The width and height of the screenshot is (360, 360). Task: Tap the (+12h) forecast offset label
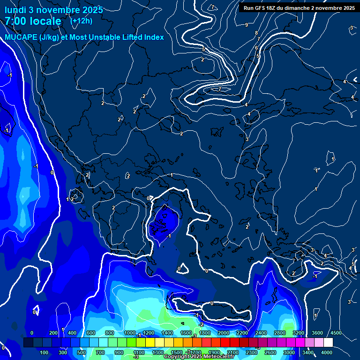coord(81,21)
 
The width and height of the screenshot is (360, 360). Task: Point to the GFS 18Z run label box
coord(299,8)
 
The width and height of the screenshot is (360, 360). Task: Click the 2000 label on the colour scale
coord(224,333)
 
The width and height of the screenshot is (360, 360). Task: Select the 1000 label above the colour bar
coord(130,333)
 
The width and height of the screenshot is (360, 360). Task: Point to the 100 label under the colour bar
coord(45,352)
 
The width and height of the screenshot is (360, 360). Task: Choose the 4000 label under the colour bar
coord(327,352)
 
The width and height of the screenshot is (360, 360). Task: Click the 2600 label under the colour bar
coord(270,352)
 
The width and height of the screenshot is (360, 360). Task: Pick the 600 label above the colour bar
coord(91,333)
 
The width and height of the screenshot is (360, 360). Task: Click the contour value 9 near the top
coord(247,25)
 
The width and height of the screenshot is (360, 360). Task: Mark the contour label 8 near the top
coord(256,33)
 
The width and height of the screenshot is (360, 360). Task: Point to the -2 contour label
coord(201,324)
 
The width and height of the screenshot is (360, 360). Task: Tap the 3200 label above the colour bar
coord(299,333)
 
